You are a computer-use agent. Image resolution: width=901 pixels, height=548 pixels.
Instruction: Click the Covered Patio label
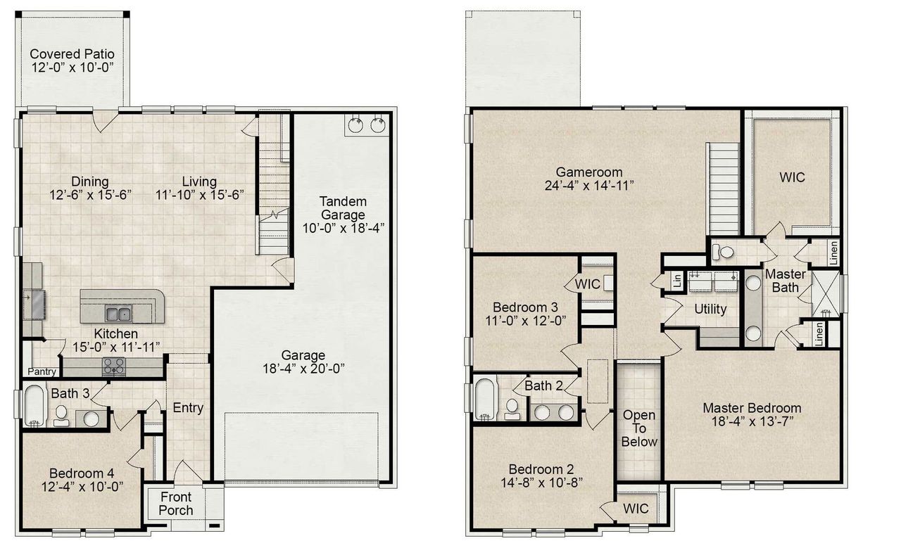(x=72, y=54)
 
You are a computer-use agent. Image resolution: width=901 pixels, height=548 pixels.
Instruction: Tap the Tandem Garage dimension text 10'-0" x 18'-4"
(x=343, y=228)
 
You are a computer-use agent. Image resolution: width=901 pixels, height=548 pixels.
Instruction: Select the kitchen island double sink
(x=118, y=313)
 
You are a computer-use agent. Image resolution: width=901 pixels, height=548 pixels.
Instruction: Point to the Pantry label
(x=42, y=371)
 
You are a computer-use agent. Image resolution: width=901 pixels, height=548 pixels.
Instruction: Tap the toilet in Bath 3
(x=61, y=415)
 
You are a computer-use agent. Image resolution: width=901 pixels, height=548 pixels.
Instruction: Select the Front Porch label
(x=175, y=502)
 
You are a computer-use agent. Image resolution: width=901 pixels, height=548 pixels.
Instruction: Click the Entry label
(x=188, y=408)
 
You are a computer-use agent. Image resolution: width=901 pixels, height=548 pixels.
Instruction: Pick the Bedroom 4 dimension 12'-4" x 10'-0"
(x=82, y=486)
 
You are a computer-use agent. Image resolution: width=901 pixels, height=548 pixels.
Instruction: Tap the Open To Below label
(x=639, y=428)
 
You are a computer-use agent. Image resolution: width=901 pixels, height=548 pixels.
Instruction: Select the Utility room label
(x=710, y=309)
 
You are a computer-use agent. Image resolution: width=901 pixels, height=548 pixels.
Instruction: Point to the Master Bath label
(x=785, y=280)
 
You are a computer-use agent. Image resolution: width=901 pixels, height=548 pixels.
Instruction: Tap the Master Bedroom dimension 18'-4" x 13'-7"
(x=752, y=422)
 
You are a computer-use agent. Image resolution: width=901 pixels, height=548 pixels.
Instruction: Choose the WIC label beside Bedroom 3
(x=587, y=285)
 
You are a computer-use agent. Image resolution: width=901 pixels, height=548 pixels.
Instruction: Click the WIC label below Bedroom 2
(x=636, y=508)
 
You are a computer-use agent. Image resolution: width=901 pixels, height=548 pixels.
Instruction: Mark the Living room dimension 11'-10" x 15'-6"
(x=199, y=195)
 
